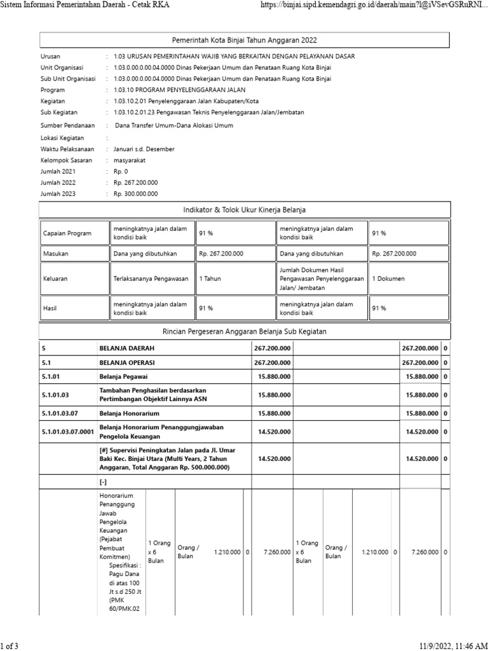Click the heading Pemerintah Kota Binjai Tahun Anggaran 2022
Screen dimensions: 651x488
tap(244, 40)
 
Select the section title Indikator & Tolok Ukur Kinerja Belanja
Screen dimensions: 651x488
tap(244, 210)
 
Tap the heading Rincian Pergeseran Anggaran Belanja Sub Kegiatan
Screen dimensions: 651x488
tap(244, 331)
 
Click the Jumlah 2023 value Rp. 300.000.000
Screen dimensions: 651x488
tap(135, 194)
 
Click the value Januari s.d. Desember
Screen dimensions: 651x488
tap(144, 149)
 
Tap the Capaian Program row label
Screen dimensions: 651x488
tap(67, 233)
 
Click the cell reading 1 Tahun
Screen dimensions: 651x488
tap(210, 278)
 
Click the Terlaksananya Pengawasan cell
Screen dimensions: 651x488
tap(151, 278)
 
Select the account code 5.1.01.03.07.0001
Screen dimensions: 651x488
tap(67, 432)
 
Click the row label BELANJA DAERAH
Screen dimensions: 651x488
tap(127, 348)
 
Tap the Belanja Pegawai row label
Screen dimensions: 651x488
tap(123, 376)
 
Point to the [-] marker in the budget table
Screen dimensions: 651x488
tap(104, 482)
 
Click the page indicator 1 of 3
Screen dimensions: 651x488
tap(10, 647)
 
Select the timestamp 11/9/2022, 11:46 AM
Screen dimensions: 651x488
tap(454, 647)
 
